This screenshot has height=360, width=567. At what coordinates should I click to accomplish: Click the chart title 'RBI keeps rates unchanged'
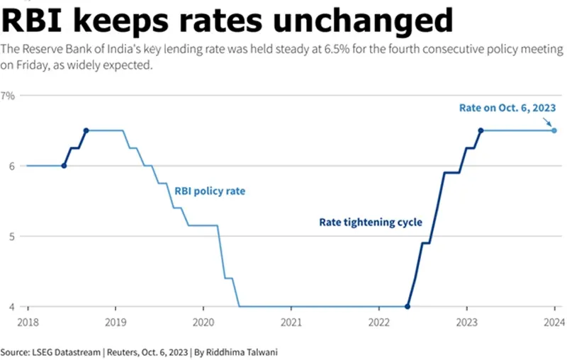pyautogui.click(x=227, y=21)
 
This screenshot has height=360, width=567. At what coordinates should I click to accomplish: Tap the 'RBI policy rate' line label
pyautogui.click(x=210, y=191)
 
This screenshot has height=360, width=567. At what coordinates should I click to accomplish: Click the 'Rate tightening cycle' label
pyautogui.click(x=371, y=223)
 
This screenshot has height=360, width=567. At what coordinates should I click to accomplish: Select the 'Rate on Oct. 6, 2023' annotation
pyautogui.click(x=507, y=108)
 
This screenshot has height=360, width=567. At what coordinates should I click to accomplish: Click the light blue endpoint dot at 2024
pyautogui.click(x=554, y=130)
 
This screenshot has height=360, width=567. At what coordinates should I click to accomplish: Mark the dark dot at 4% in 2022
pyautogui.click(x=408, y=307)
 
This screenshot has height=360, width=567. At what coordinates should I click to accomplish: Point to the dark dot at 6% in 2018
pyautogui.click(x=64, y=166)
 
